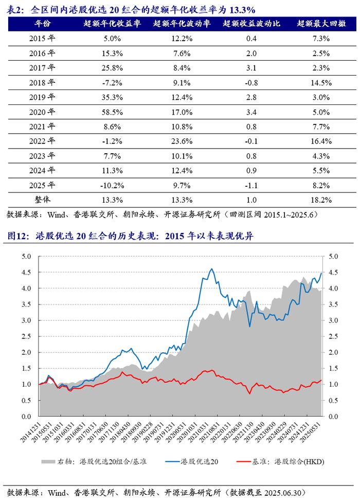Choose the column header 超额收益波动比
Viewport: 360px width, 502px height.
tap(251, 23)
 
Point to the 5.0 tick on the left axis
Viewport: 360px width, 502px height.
tap(26, 256)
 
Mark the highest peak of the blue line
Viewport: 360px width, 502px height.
tap(212, 268)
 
